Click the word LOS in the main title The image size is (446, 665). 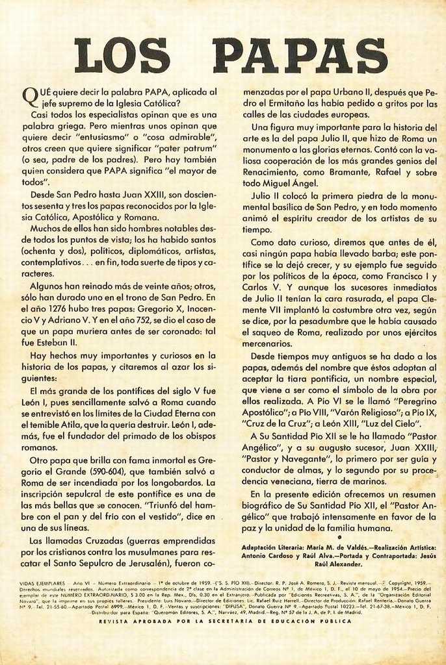click(x=122, y=56)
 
